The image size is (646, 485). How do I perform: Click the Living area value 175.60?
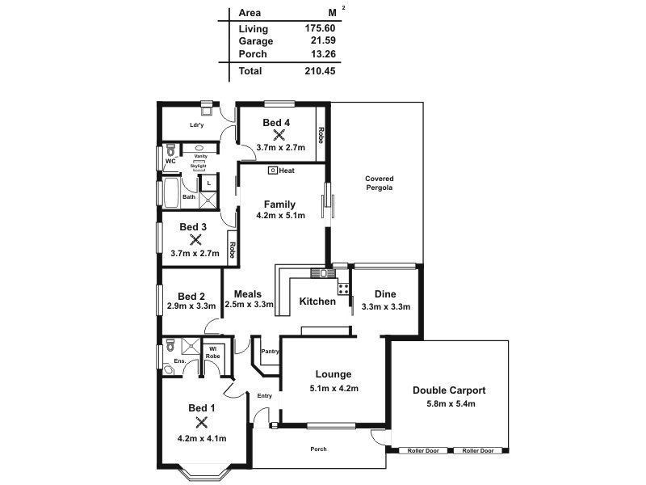pos(321,28)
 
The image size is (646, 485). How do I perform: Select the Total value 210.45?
pos(321,71)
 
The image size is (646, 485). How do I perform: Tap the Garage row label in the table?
pos(256,41)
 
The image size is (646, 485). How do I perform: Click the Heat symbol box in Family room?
pos(274,171)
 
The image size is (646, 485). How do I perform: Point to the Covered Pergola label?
pos(379,183)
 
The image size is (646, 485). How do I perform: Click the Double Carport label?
pos(450,390)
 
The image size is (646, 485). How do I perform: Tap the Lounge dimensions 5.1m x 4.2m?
pos(333,389)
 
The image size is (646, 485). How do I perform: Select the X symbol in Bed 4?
pos(279,135)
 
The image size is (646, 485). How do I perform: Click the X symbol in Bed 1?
pos(202,423)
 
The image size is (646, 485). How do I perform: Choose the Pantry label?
pos(270,352)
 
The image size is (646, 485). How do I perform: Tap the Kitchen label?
pos(317,302)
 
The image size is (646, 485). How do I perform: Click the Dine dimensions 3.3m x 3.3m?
pos(386,307)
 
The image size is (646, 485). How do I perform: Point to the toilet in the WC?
pos(170,150)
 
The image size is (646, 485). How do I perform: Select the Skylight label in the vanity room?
pos(199,166)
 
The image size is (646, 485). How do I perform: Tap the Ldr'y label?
pos(196,125)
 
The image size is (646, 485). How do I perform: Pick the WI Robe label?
pos(212,352)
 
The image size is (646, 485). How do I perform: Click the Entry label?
pos(265,395)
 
